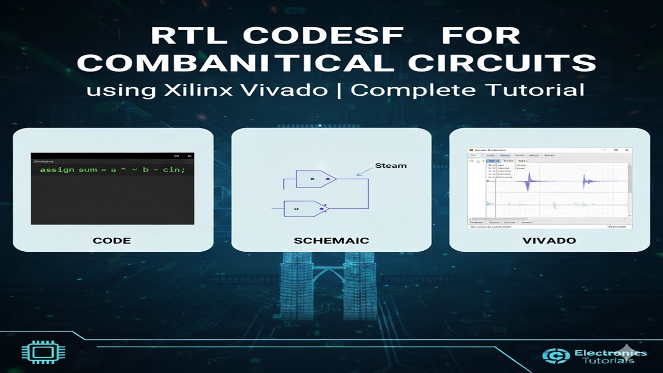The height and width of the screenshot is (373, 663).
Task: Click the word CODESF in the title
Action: [323, 36]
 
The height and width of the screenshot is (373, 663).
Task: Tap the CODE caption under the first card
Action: [111, 240]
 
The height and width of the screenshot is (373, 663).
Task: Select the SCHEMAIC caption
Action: [331, 240]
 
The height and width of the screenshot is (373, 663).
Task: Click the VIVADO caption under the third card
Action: [549, 240]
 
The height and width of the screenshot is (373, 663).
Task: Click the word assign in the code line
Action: [57, 169]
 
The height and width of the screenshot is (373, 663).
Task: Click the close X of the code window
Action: [190, 156]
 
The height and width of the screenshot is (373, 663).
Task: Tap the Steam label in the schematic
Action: [391, 166]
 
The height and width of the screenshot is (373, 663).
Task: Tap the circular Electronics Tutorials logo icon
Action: [556, 356]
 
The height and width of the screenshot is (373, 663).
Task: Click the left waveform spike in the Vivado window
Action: [529, 181]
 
